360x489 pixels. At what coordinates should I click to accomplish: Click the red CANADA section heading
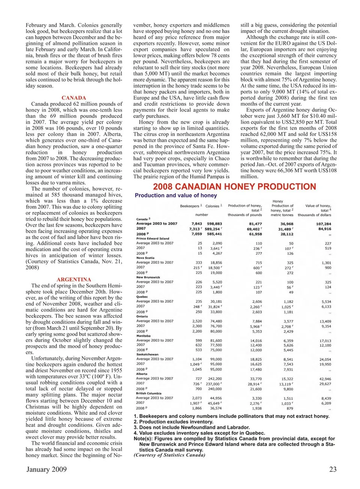coord(74,98)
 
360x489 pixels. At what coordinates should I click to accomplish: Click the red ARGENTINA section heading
coord(74,280)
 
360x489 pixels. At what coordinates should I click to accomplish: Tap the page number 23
coord(333,469)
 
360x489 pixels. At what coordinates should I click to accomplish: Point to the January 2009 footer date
coord(46,469)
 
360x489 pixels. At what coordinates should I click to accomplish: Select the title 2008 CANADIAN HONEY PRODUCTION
coord(234,187)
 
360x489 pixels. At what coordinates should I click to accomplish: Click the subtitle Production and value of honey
coord(176,195)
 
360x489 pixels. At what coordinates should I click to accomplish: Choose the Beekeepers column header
coord(190,206)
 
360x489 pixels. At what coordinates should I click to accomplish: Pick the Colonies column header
coord(213,206)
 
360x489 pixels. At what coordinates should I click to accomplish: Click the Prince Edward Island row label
coord(153,238)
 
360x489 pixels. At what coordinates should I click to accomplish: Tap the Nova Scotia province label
coord(145,258)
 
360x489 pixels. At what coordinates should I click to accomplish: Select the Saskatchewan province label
coord(147,354)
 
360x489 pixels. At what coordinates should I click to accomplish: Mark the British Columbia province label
coord(149,393)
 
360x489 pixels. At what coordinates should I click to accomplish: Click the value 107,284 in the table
coord(324,224)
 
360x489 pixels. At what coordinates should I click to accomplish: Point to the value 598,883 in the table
coord(214,224)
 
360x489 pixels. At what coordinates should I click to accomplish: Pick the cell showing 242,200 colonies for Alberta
coord(215,379)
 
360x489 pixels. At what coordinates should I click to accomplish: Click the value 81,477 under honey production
coord(255,224)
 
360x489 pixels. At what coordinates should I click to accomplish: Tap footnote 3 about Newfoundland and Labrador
coord(192,427)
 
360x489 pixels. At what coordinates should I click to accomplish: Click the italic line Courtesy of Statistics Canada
coord(169,455)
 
